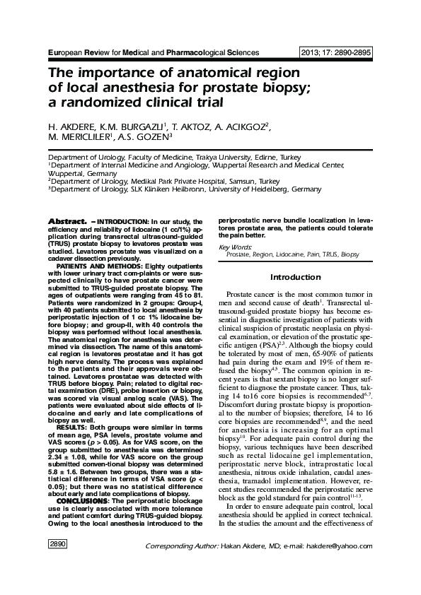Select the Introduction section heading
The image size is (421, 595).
296,277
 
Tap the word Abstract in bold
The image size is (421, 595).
67,221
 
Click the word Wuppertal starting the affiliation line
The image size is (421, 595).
67,173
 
